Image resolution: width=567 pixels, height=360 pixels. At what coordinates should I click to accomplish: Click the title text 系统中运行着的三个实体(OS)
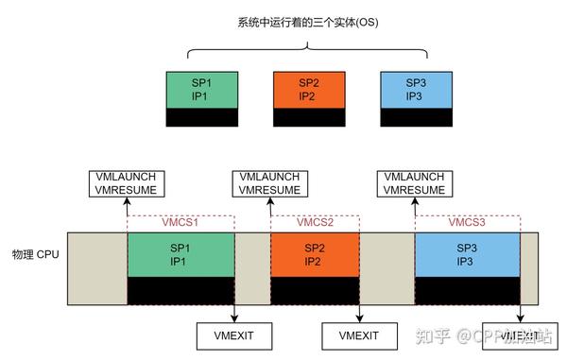click(x=283, y=22)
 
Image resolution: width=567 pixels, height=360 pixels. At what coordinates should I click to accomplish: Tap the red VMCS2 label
click(x=316, y=223)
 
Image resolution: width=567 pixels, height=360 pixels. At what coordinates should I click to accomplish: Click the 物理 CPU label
click(x=34, y=255)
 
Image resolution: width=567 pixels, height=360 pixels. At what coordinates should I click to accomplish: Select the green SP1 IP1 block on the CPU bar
click(x=180, y=253)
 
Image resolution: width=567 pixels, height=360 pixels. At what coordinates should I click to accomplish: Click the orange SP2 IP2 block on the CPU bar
click(x=314, y=253)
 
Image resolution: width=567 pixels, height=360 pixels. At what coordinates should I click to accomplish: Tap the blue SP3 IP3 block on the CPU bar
click(x=467, y=253)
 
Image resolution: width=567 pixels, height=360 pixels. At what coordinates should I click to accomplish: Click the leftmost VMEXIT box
click(x=232, y=334)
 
